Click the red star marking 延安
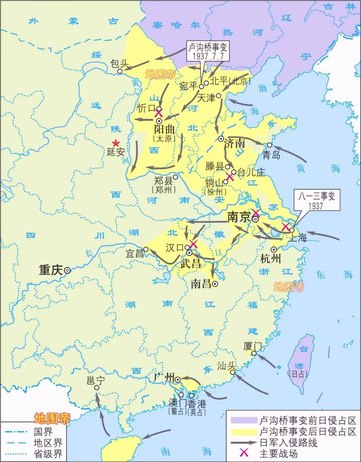coord(116,143)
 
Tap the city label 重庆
coord(50,270)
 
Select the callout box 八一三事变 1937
coord(316,200)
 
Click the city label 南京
coord(238,217)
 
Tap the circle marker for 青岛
coord(269,145)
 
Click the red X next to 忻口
coord(158,113)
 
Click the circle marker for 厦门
coord(254,353)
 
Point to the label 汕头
coord(227,366)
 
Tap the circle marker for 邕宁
coord(97,388)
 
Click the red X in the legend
coord(244,453)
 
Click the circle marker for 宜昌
coord(146,249)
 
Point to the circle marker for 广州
coord(178,379)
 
